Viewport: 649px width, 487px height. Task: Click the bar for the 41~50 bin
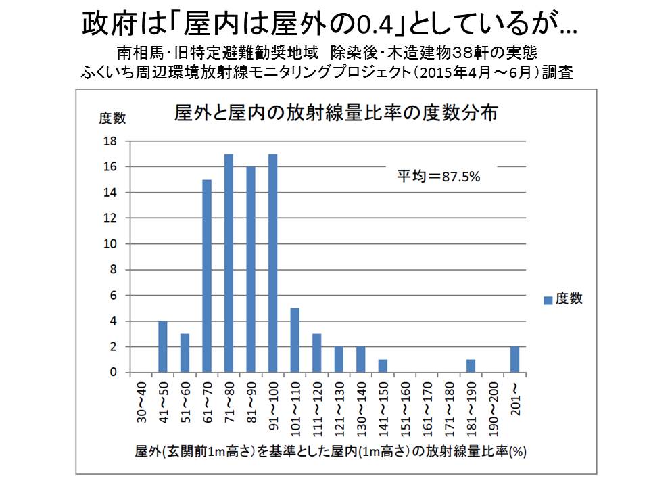click(162, 346)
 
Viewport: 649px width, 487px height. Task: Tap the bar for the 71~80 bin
click(229, 263)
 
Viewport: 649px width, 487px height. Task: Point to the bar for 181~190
click(471, 366)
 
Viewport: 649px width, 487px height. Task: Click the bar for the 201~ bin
click(515, 359)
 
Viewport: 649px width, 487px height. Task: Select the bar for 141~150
click(383, 366)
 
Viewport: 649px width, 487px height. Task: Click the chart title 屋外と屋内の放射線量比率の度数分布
click(336, 114)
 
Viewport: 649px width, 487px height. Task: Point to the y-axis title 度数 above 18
click(112, 119)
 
